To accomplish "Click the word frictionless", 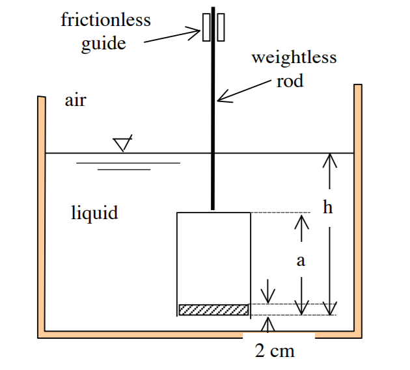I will coord(105,20).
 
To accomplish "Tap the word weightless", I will coord(294,57).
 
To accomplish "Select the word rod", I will coord(290,82).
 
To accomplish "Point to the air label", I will coord(75,101).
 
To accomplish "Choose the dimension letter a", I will coord(301,261).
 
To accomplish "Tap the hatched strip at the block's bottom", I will coord(213,310).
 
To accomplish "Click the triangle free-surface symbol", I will coord(122,144).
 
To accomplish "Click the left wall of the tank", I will coord(42,215).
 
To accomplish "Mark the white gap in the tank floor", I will coord(279,335).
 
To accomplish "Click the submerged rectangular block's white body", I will coord(213,257).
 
